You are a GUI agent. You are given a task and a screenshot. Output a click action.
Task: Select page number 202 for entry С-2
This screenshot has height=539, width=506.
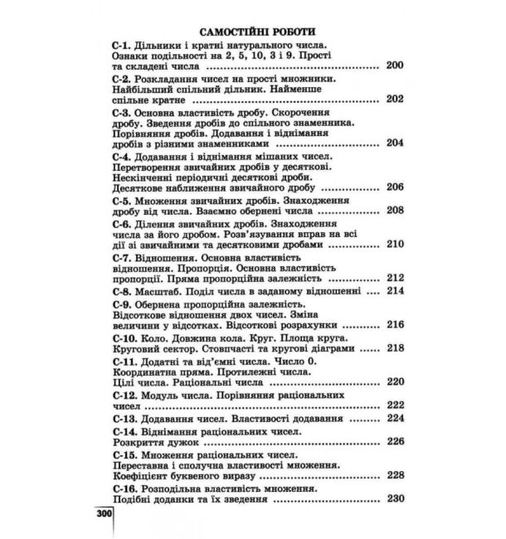coord(394,100)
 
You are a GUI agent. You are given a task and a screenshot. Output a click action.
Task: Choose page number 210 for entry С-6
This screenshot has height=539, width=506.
coord(394,245)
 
